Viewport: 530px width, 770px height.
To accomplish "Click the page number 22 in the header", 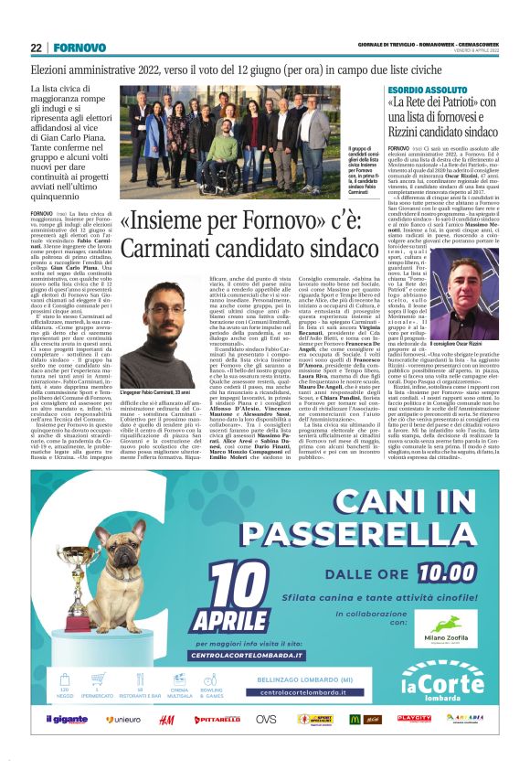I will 36,48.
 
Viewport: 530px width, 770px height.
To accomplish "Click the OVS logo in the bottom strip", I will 265,720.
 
